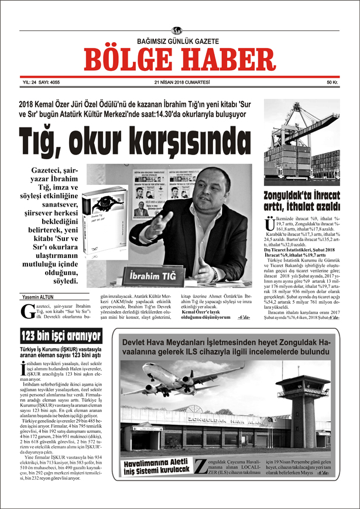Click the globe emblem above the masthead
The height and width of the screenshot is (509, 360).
(177, 30)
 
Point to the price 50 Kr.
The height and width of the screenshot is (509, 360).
(332, 82)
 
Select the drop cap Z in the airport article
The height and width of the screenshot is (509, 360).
(200, 466)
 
